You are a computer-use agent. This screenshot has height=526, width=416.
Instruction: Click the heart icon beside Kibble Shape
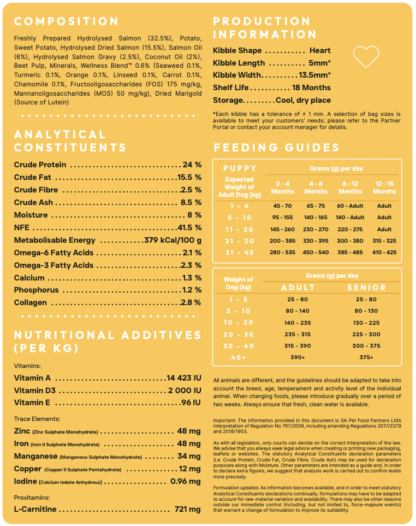click(366, 55)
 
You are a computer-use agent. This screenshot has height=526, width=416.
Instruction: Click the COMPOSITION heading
click(66, 22)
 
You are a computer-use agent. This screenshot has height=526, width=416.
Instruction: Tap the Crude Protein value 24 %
click(192, 165)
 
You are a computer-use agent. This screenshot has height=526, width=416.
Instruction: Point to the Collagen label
click(31, 302)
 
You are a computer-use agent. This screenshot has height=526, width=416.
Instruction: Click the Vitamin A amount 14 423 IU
click(184, 378)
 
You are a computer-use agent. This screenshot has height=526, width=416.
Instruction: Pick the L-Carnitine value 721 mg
click(187, 509)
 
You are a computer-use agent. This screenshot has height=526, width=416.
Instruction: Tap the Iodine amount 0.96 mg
click(186, 481)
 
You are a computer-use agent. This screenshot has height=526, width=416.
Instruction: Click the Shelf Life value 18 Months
click(311, 87)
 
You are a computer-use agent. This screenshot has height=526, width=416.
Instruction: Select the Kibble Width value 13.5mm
click(314, 75)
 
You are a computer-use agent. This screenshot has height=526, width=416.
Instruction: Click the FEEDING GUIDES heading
click(276, 148)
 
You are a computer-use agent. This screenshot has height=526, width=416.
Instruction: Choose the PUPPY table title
click(240, 168)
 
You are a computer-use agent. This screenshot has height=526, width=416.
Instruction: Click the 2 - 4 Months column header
click(282, 188)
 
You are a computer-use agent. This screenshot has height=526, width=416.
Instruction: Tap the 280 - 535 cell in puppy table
click(282, 252)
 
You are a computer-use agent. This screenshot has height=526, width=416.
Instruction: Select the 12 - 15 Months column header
click(384, 188)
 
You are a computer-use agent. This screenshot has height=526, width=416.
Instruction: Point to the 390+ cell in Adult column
click(297, 357)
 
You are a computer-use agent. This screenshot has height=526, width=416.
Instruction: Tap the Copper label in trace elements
click(28, 469)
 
